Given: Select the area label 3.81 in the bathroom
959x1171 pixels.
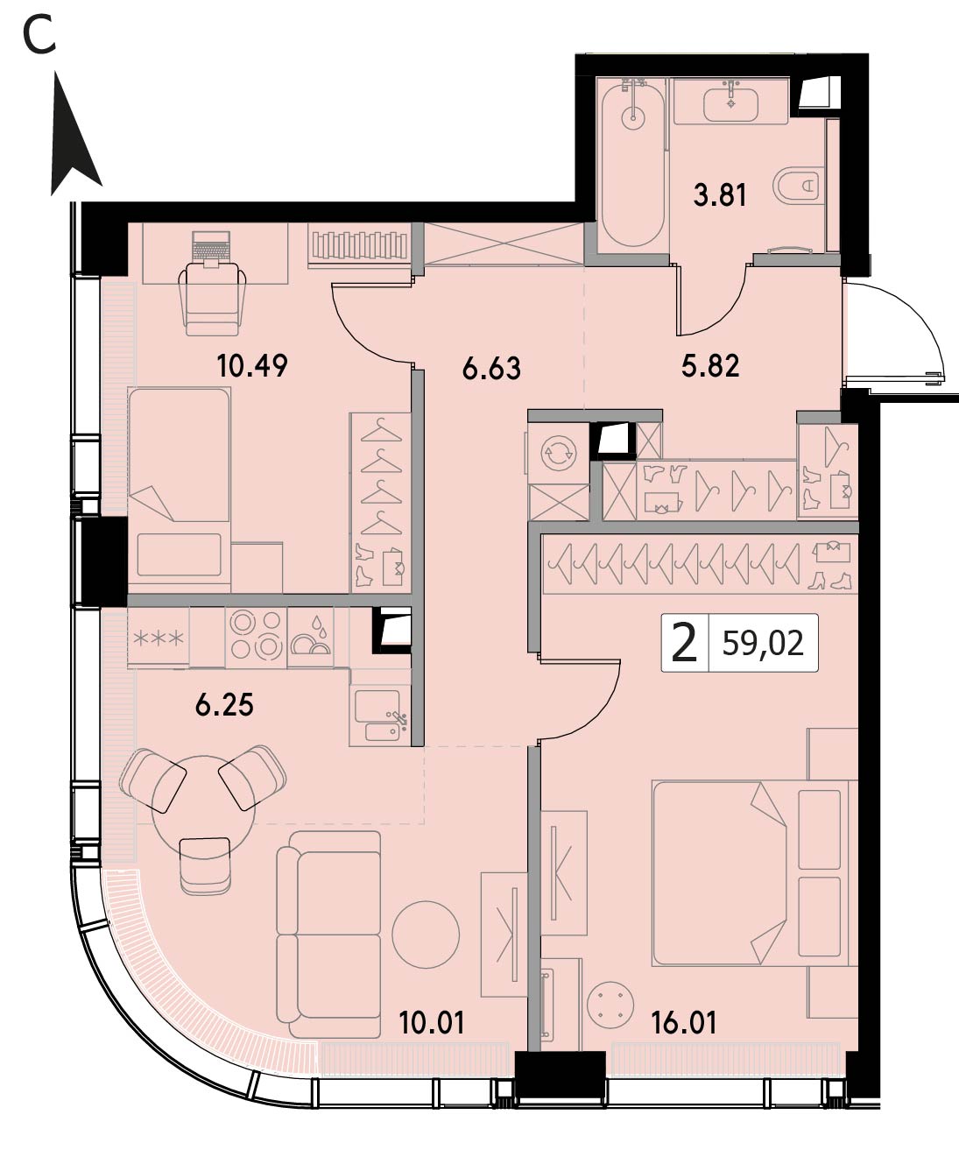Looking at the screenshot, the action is click(x=720, y=195).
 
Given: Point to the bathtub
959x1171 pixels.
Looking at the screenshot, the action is click(x=633, y=165).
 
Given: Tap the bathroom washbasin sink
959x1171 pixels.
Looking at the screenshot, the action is click(x=730, y=104).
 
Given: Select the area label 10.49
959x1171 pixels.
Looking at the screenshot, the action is click(x=252, y=366).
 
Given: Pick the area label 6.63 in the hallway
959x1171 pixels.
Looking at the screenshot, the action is click(x=491, y=369).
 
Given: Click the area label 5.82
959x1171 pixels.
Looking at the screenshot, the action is click(x=710, y=366).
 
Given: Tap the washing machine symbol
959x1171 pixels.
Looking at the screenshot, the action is click(x=558, y=453).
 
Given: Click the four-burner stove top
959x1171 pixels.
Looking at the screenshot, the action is click(x=256, y=635).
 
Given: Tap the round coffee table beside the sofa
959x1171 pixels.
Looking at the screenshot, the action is click(x=426, y=935).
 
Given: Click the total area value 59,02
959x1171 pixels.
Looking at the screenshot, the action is click(x=763, y=644).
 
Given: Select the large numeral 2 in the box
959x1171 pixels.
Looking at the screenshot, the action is click(x=684, y=642).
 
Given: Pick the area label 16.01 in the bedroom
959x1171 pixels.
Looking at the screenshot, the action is click(x=684, y=1023).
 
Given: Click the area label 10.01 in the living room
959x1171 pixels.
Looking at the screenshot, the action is click(x=432, y=1023).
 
